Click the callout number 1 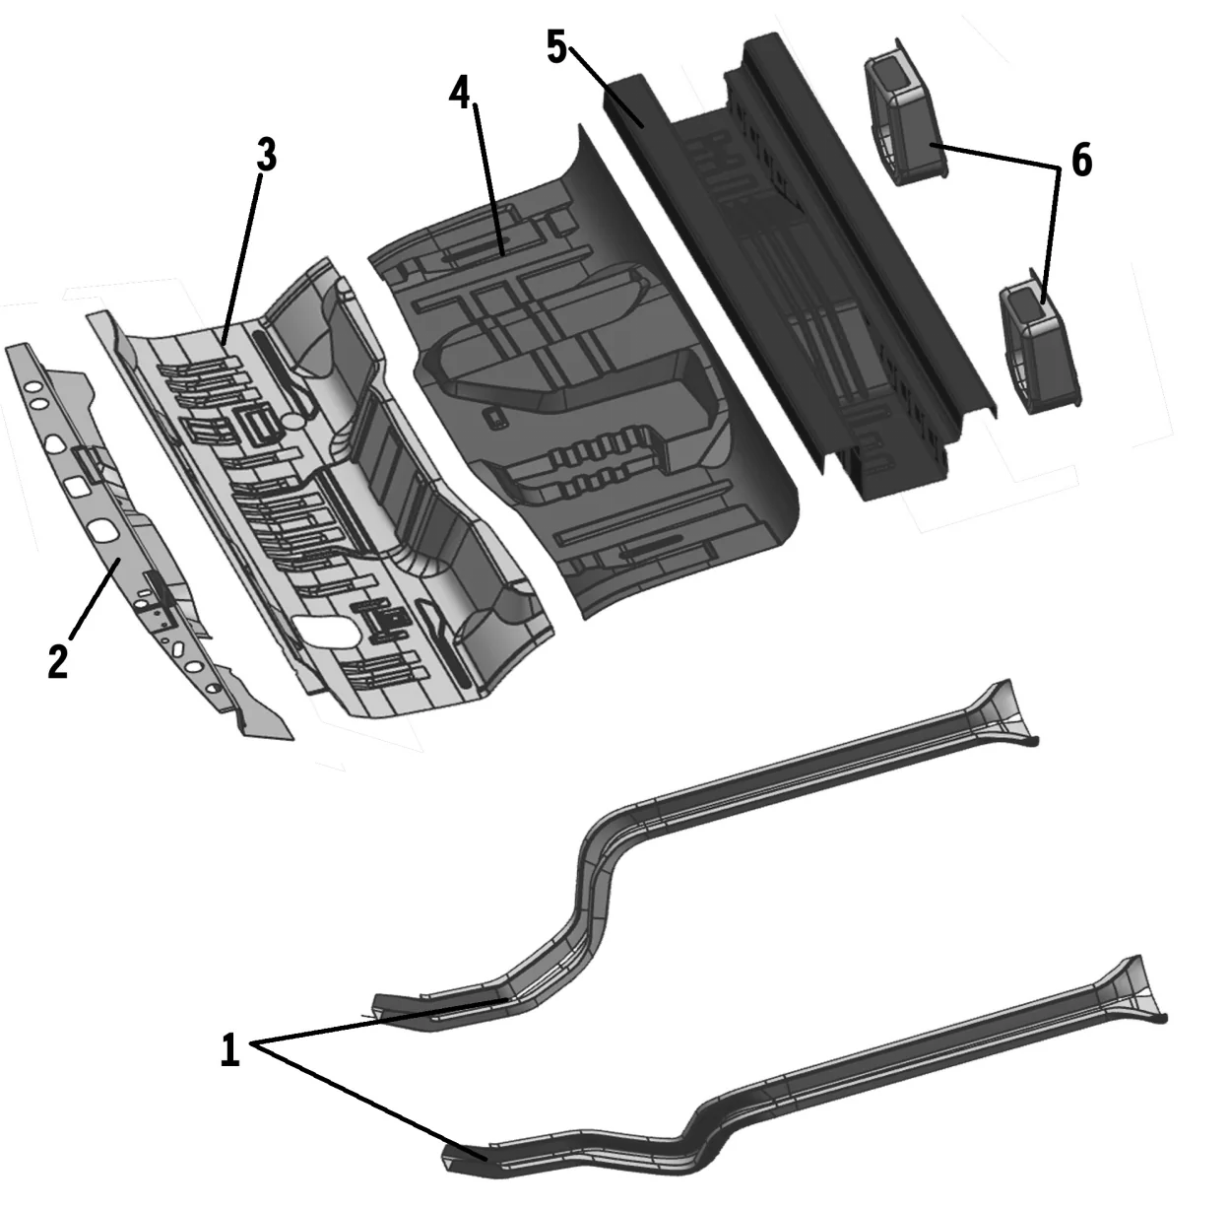228,1050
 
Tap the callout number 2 58,661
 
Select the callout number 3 266,156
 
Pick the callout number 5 556,47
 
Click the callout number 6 1081,161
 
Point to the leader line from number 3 244,256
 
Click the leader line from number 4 489,177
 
